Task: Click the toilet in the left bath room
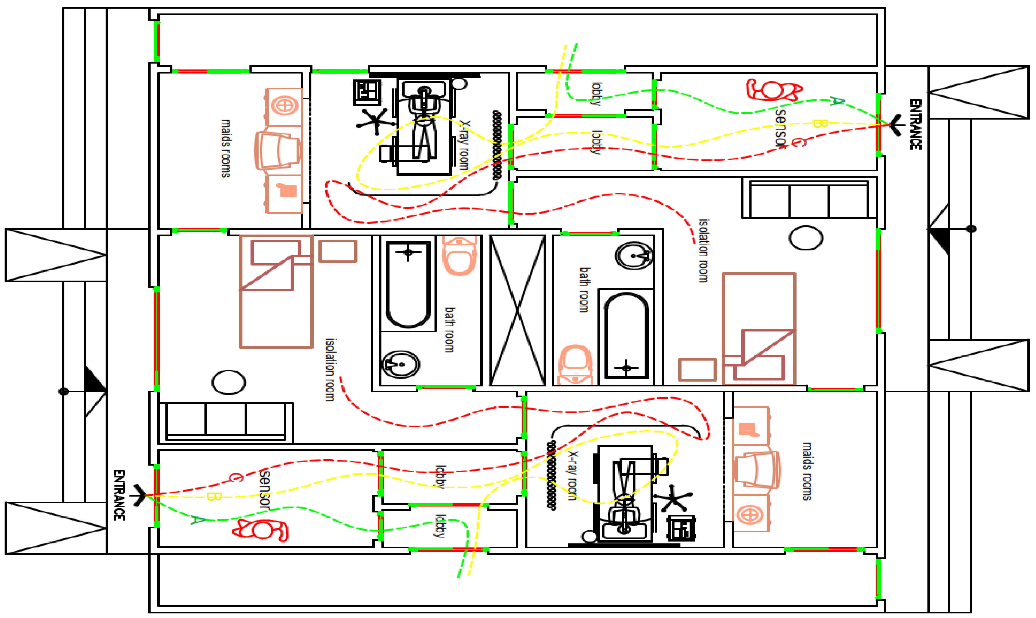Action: point(459,255)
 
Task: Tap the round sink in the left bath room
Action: point(401,364)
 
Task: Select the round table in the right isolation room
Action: point(806,238)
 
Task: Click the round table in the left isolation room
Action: point(229,382)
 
